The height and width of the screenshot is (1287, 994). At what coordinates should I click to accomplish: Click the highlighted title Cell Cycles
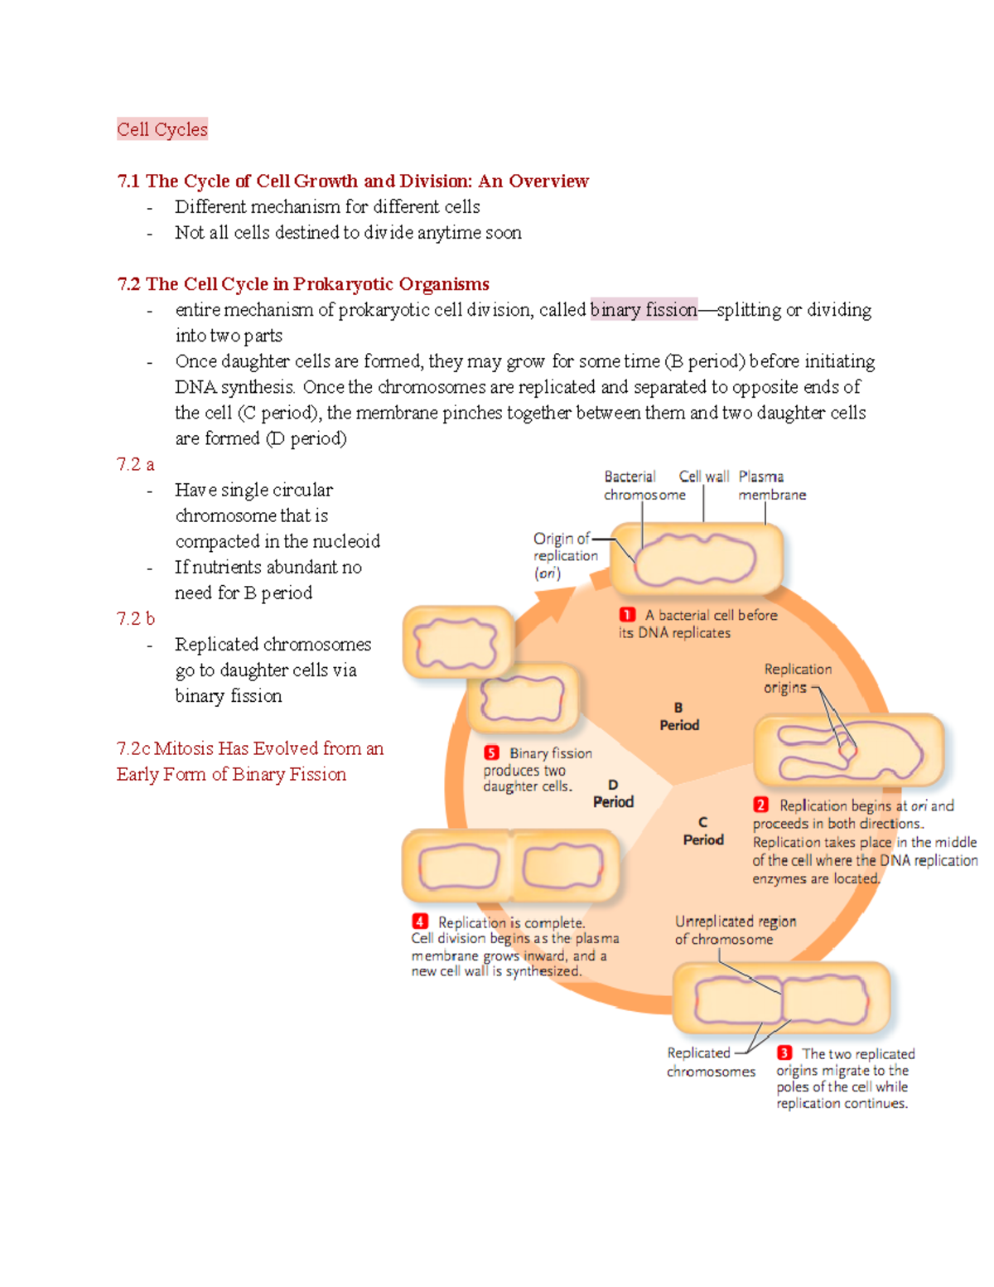pos(162,129)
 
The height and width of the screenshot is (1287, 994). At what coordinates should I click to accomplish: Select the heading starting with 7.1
pos(353,181)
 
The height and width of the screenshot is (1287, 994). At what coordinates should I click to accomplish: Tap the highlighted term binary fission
pos(644,310)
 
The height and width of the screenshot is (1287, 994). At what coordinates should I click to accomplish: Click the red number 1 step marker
pos(627,615)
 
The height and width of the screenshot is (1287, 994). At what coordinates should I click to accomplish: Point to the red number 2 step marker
pos(760,805)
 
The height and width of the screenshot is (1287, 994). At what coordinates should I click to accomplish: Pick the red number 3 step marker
pos(784,1052)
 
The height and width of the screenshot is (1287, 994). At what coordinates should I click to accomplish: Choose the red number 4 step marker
pos(420,922)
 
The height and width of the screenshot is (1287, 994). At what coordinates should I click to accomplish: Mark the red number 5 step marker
pos(492,752)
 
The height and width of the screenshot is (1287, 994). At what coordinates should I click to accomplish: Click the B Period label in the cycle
pos(679,717)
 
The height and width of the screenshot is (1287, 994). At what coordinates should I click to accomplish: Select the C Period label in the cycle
pos(703,831)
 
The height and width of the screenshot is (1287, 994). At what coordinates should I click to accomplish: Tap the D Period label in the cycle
pos(613,794)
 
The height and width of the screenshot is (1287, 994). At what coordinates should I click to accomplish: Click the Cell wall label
pos(703,477)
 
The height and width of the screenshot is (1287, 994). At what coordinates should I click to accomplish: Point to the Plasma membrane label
pos(771,486)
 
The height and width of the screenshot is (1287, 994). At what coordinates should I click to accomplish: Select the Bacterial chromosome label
pos(644,486)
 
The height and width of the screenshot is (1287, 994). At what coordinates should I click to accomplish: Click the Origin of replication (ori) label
pos(565,555)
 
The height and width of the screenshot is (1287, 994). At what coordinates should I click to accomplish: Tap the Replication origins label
pos(797,678)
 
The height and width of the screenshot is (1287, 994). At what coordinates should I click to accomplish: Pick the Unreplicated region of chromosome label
pos(735,930)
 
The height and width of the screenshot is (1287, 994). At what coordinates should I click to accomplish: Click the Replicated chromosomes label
pos(710,1062)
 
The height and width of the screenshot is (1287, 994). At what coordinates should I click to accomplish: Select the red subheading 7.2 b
pos(136,618)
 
